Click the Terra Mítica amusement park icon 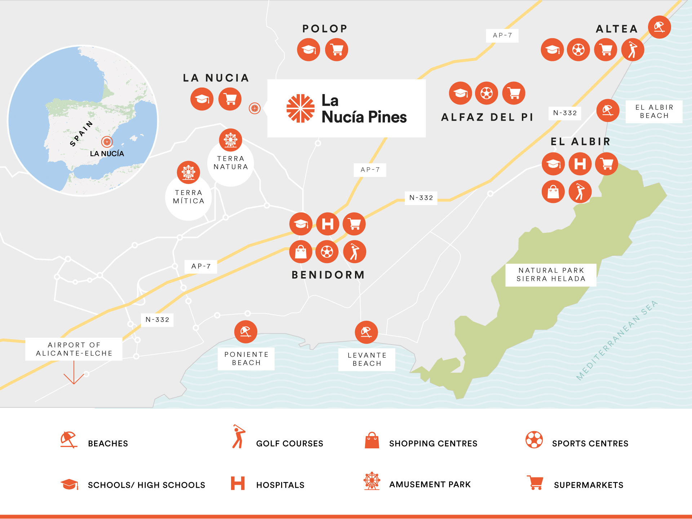(x=188, y=172)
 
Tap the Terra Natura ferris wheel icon (x=231, y=140)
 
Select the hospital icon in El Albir (x=580, y=164)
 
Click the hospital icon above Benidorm (x=328, y=224)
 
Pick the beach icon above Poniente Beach (x=246, y=332)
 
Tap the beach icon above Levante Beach (x=366, y=332)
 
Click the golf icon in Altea (x=633, y=50)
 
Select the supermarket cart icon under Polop (x=337, y=50)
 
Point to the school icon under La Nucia (x=202, y=99)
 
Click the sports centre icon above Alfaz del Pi (x=487, y=93)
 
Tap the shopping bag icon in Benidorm (x=301, y=252)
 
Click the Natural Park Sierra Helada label (x=551, y=275)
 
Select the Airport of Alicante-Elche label (x=74, y=349)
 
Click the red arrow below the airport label (x=74, y=375)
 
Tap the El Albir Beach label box (x=654, y=112)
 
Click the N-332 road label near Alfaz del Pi (x=565, y=113)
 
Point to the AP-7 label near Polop (x=502, y=36)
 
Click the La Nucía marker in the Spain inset (x=107, y=142)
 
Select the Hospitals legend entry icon (x=238, y=483)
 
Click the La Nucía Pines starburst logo (x=300, y=108)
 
